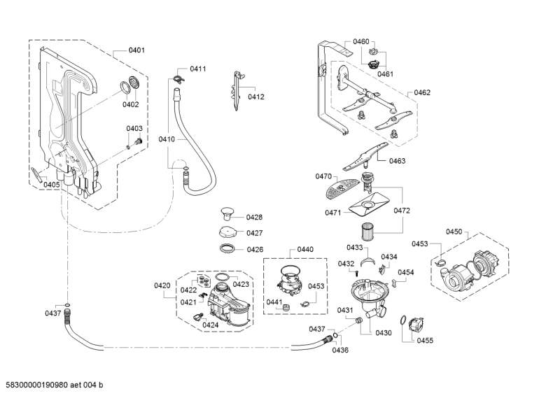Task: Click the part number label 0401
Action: [136, 50]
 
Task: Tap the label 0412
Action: [256, 97]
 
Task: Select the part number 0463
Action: [397, 161]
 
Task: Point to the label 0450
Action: [454, 232]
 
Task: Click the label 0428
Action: [254, 217]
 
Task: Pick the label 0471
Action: [333, 213]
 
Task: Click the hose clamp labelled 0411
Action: [177, 79]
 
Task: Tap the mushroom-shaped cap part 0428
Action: [226, 213]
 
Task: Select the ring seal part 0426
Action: [227, 248]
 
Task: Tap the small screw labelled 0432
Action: [356, 273]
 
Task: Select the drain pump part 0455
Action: [416, 324]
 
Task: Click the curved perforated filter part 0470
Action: [341, 188]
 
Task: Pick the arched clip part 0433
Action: [368, 262]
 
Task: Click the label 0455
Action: [425, 341]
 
